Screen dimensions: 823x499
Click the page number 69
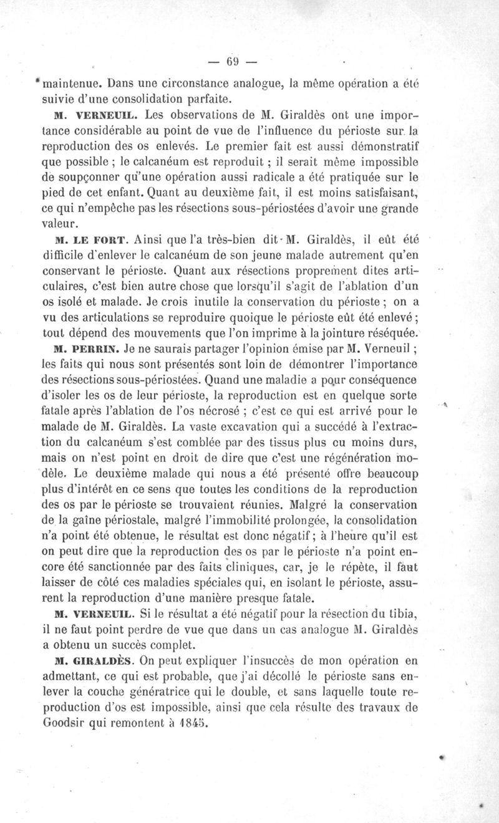click(233, 61)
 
